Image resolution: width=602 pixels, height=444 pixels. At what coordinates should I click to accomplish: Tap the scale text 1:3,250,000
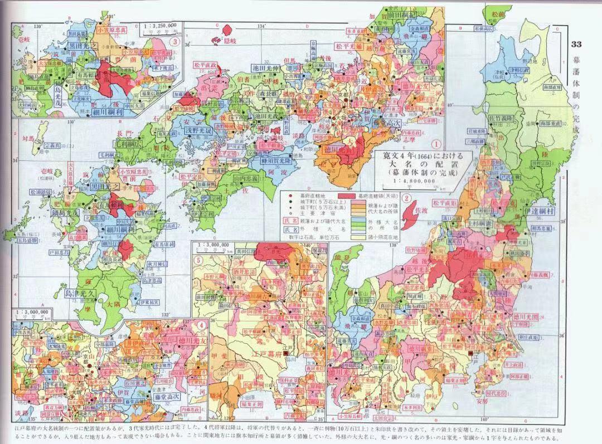point(161,26)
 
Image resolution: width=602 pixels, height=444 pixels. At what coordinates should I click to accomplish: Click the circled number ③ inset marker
point(175,41)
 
